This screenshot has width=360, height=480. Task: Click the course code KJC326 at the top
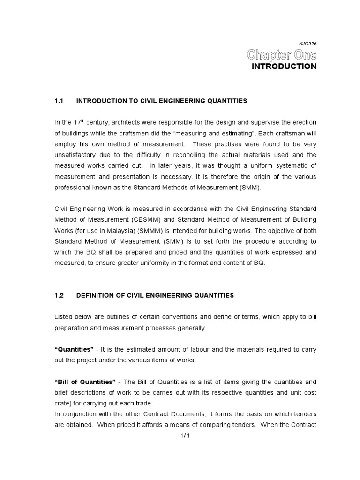click(x=307, y=43)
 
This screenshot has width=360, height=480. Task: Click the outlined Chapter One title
click(x=282, y=55)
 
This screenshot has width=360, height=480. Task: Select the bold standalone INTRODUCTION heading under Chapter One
click(x=284, y=67)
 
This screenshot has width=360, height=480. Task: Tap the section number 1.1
click(x=59, y=101)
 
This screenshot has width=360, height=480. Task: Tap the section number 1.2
click(x=59, y=295)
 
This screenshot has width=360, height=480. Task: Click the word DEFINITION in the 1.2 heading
click(x=96, y=295)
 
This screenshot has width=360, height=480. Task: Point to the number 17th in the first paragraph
click(x=76, y=122)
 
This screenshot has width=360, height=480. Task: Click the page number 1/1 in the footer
click(x=182, y=435)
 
